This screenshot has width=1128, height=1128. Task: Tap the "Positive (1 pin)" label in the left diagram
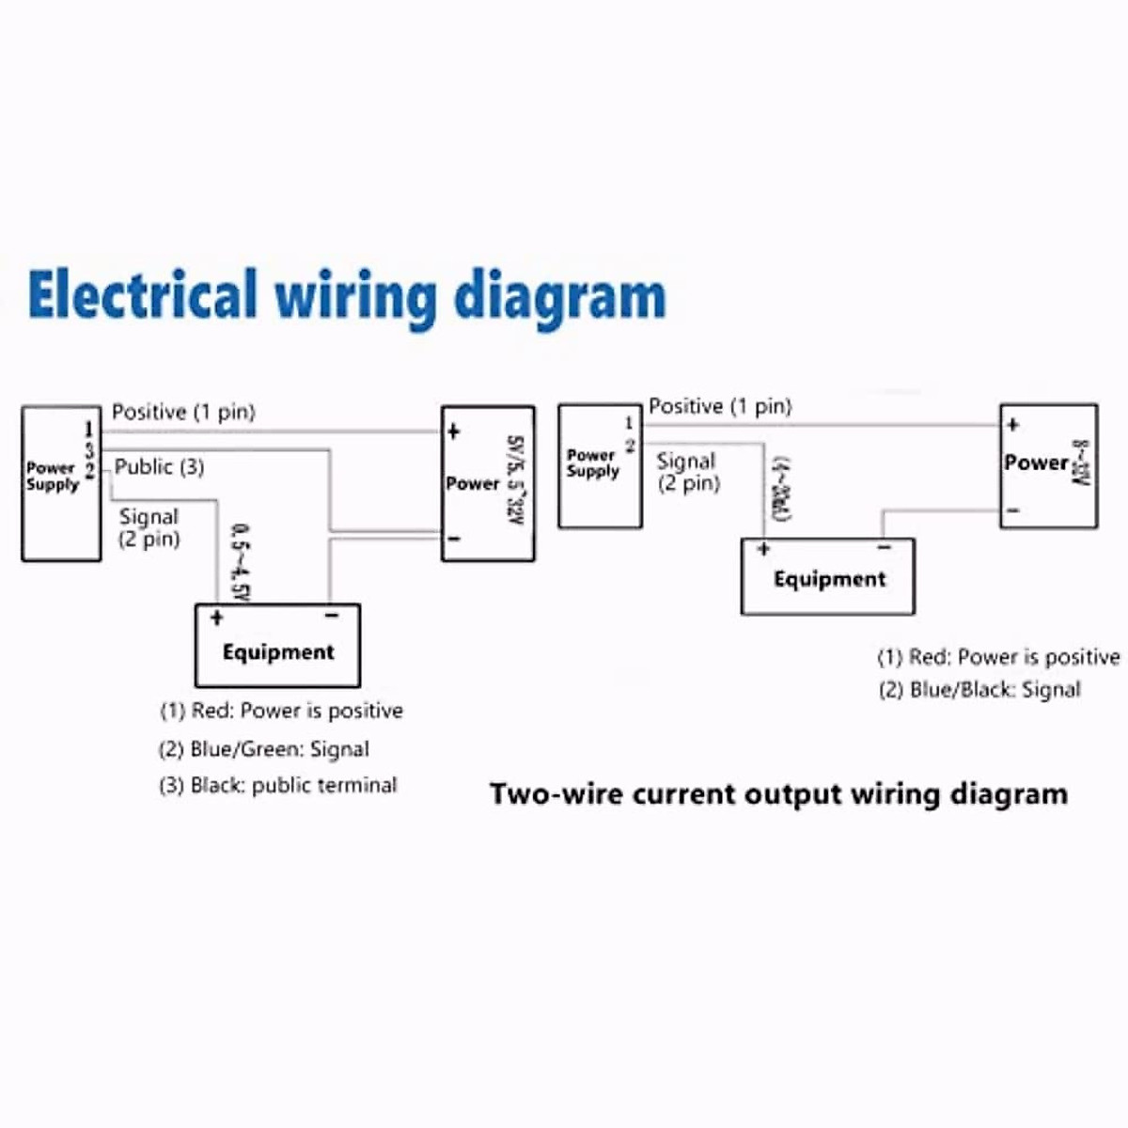tap(183, 412)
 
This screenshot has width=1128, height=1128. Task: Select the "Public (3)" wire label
tap(159, 467)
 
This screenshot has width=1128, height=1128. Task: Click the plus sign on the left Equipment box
tap(216, 618)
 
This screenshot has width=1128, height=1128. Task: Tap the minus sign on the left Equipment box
tap(331, 617)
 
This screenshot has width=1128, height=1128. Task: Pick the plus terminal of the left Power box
tap(453, 432)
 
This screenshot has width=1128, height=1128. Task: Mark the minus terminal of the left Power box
tap(453, 539)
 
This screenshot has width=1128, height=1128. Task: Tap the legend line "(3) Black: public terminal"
tap(277, 786)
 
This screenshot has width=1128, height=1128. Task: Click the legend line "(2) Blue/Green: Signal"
tap(263, 749)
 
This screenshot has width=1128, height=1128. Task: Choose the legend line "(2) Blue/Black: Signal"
tap(979, 690)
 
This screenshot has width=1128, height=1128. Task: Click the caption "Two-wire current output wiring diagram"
tap(778, 794)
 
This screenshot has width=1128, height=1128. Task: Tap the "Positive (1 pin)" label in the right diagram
tap(720, 406)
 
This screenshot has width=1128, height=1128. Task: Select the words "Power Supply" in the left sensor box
tap(53, 476)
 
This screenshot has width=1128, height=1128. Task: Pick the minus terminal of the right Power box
tap(1012, 510)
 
